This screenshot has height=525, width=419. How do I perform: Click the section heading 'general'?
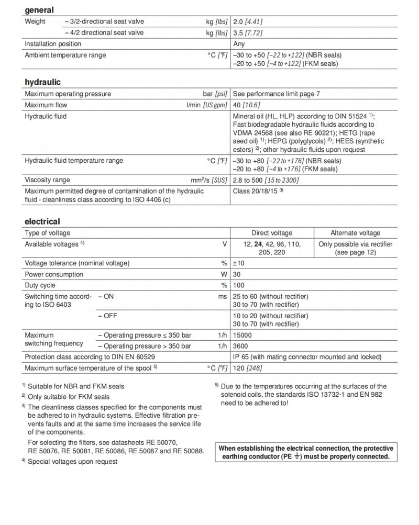click(39, 10)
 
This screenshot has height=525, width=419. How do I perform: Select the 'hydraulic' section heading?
click(42, 82)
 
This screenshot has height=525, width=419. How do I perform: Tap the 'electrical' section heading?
click(42, 221)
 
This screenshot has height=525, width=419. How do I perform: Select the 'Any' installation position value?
click(239, 44)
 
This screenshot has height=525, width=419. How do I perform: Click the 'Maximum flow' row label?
click(47, 105)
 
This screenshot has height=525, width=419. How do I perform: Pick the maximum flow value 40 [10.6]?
click(248, 105)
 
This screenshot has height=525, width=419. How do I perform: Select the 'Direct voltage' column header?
click(272, 233)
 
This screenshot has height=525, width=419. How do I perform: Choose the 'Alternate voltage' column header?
click(355, 233)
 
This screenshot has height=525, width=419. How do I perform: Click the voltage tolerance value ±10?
click(239, 263)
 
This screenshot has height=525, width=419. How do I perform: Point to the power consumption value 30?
click(237, 274)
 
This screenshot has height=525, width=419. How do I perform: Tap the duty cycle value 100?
click(239, 285)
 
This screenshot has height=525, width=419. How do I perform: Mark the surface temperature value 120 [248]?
click(247, 368)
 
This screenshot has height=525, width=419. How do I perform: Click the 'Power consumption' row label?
click(54, 274)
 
